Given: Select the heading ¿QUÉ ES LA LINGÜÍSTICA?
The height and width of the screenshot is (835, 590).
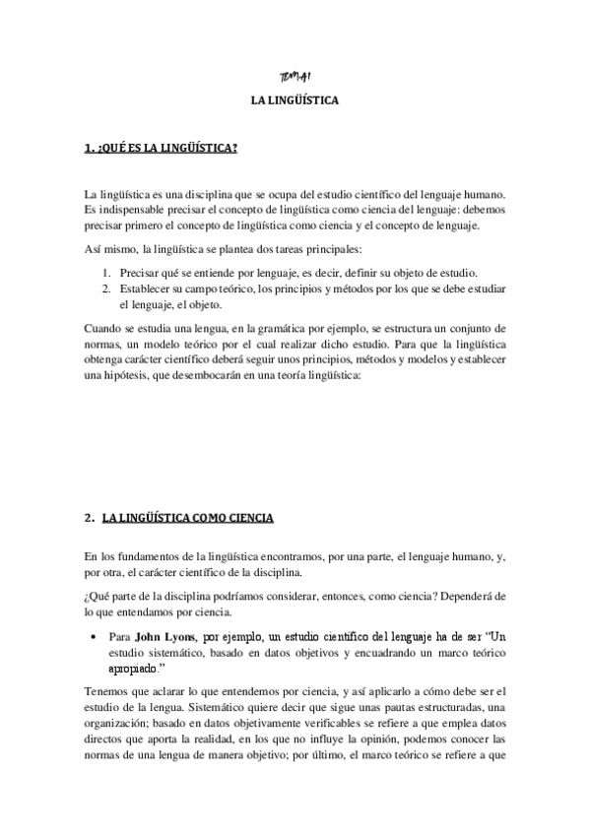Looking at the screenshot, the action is tap(161, 150).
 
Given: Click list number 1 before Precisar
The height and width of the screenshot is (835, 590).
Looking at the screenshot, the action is tap(106, 272).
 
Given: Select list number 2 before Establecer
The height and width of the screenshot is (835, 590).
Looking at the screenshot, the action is tap(106, 289).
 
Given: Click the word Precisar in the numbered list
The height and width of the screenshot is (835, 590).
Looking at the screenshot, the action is tap(142, 272).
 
